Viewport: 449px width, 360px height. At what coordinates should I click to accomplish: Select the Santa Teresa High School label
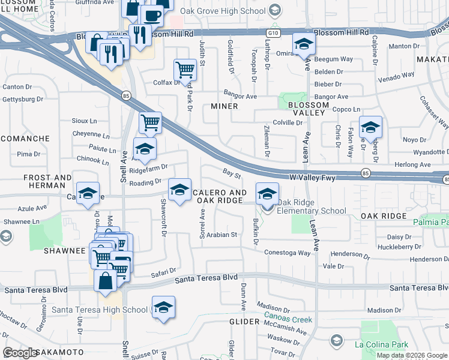pos(100,310)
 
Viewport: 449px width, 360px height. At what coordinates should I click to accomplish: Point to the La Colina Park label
pos(381,344)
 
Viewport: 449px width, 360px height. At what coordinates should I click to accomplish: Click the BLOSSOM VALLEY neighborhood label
pos(309,109)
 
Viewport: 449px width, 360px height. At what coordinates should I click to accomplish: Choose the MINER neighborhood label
pos(224,106)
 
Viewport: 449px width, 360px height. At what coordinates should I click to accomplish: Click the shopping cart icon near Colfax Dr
pos(185,69)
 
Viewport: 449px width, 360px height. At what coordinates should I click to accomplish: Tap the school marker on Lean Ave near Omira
pos(304,44)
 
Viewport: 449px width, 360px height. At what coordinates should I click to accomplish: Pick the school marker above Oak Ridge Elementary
pos(267,193)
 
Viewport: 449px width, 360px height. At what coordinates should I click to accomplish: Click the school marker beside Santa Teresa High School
pos(163,307)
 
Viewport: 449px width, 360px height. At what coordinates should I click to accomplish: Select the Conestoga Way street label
pos(288,253)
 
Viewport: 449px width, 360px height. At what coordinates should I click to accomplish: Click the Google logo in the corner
pos(20,352)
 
